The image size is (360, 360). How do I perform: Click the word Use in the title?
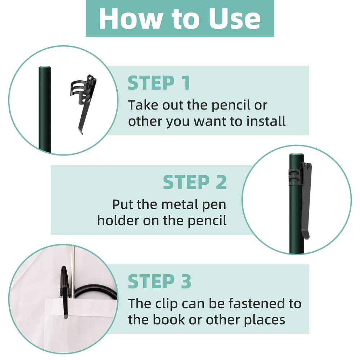234,18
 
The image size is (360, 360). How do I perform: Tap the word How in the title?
129,18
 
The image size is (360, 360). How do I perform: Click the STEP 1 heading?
159,83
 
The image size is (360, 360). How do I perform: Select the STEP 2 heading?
195,182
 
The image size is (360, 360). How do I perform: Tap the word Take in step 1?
143,105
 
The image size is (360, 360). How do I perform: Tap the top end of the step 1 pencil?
45,67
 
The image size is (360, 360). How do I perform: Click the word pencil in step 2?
207,221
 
